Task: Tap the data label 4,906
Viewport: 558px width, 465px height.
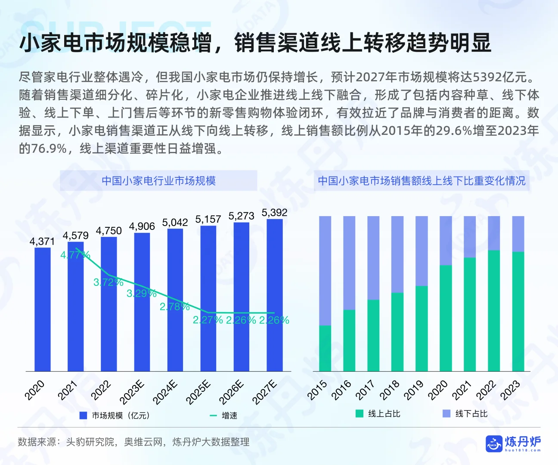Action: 142,226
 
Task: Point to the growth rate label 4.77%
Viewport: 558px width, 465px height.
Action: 75,255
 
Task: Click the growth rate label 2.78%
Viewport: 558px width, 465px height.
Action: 174,307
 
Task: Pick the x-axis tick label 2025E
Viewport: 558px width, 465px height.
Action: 198,392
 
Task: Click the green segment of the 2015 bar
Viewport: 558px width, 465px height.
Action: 325,348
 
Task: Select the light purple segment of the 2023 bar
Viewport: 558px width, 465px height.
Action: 518,234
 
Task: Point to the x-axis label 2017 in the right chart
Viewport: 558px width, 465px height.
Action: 366,390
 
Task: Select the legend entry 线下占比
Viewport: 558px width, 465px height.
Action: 465,414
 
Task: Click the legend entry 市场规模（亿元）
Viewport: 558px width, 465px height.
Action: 115,415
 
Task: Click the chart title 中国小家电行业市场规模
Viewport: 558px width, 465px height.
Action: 158,181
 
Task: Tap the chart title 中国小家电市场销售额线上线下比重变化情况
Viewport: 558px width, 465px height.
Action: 422,181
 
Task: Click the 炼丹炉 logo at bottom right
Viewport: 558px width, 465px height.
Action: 513,443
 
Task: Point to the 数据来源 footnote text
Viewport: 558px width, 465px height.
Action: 133,442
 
